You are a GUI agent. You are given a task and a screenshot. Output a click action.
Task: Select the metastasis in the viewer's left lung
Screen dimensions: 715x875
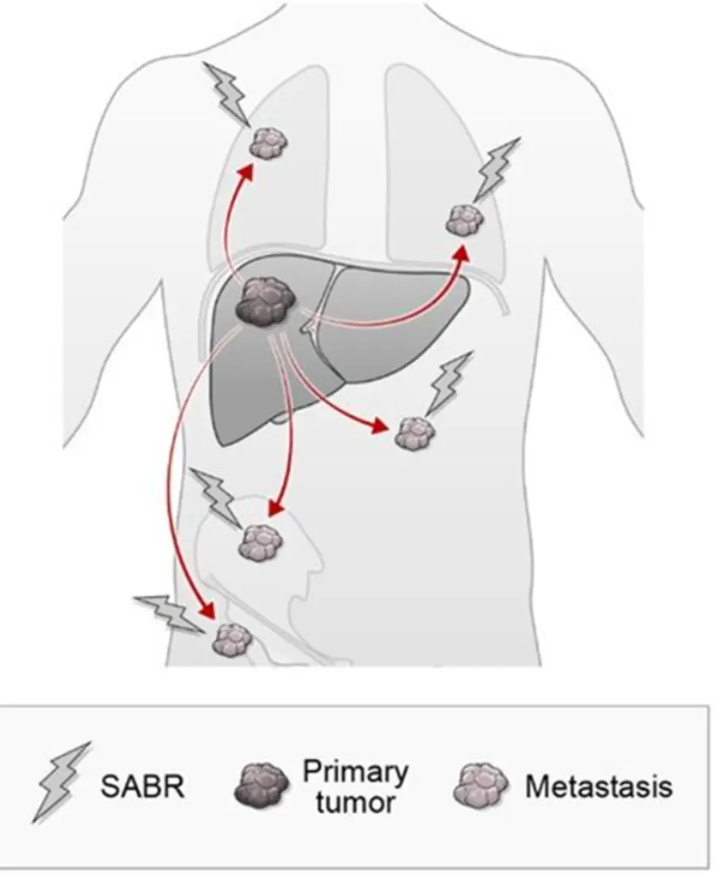tap(268, 144)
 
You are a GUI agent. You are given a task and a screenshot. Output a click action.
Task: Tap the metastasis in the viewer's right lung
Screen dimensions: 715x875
tap(465, 219)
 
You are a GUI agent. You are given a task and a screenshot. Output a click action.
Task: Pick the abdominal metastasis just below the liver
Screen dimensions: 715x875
tap(414, 433)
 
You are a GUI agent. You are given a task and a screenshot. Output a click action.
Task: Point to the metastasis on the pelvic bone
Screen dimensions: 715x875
tap(260, 542)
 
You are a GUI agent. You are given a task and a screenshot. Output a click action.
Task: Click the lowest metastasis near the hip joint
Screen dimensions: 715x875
tap(232, 639)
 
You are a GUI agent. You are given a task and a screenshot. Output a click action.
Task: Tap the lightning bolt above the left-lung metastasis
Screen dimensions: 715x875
tap(226, 93)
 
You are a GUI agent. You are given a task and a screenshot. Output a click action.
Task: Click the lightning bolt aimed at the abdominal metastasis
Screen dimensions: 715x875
tap(450, 384)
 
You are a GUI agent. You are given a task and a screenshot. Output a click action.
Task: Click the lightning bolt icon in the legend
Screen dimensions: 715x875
tap(60, 782)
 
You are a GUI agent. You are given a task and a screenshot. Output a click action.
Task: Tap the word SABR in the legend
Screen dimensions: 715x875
tap(142, 786)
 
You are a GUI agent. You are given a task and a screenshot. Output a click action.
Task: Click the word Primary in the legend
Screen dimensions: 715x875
tap(356, 772)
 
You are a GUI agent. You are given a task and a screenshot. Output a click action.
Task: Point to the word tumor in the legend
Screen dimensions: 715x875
tap(356, 802)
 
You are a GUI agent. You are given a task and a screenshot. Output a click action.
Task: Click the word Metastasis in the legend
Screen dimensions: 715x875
tap(598, 786)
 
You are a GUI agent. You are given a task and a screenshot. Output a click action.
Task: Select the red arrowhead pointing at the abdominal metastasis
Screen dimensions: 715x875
tap(380, 426)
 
